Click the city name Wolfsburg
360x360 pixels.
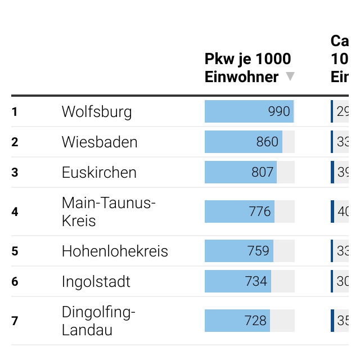click(x=97, y=111)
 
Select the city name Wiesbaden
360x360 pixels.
click(x=100, y=142)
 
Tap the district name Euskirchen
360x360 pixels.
click(x=99, y=172)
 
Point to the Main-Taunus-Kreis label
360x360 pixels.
click(x=109, y=211)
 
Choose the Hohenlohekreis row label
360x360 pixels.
click(x=115, y=251)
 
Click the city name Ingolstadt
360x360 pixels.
click(x=96, y=281)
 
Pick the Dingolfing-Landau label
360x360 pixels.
click(x=98, y=321)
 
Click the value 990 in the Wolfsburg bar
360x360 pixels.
click(x=279, y=111)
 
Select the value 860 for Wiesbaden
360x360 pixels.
click(x=267, y=142)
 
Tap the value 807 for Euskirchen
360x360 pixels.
click(x=263, y=172)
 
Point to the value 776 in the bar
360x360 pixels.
click(x=260, y=211)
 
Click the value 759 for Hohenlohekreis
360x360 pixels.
click(x=258, y=251)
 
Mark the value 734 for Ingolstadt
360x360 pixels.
click(x=256, y=281)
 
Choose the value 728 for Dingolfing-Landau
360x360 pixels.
click(x=255, y=321)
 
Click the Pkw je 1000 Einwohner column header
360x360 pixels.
click(x=247, y=67)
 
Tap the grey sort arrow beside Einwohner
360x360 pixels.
click(x=290, y=76)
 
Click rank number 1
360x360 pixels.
click(x=15, y=112)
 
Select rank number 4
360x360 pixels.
click(x=15, y=212)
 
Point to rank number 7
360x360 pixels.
click(x=15, y=321)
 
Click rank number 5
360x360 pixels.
click(x=15, y=251)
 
